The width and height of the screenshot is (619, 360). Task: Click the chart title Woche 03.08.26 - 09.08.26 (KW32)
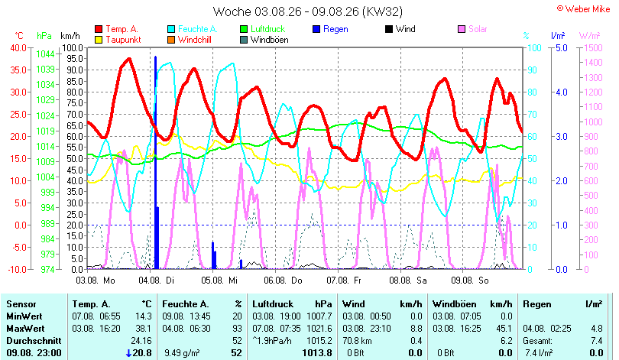click(307, 11)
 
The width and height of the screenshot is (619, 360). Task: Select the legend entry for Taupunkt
click(118, 40)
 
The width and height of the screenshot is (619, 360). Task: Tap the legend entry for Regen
click(330, 29)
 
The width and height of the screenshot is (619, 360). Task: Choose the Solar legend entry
click(472, 29)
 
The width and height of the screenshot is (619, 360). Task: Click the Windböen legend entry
click(264, 40)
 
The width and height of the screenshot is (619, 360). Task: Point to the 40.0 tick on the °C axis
click(18, 47)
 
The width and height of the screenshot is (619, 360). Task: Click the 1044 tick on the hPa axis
click(45, 54)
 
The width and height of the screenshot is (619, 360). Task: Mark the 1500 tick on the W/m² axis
click(593, 47)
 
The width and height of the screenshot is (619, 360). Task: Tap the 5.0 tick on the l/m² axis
click(562, 47)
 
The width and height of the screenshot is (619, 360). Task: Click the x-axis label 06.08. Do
click(283, 281)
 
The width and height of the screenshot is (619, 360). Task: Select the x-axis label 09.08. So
click(470, 281)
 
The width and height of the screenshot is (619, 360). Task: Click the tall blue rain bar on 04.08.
click(156, 163)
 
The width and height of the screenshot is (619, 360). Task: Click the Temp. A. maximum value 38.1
click(143, 329)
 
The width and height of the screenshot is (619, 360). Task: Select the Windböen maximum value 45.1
click(504, 329)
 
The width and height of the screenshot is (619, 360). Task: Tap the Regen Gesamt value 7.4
click(597, 341)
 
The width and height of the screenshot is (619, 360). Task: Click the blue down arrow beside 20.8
click(128, 353)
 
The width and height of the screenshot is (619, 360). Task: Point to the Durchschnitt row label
click(34, 341)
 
